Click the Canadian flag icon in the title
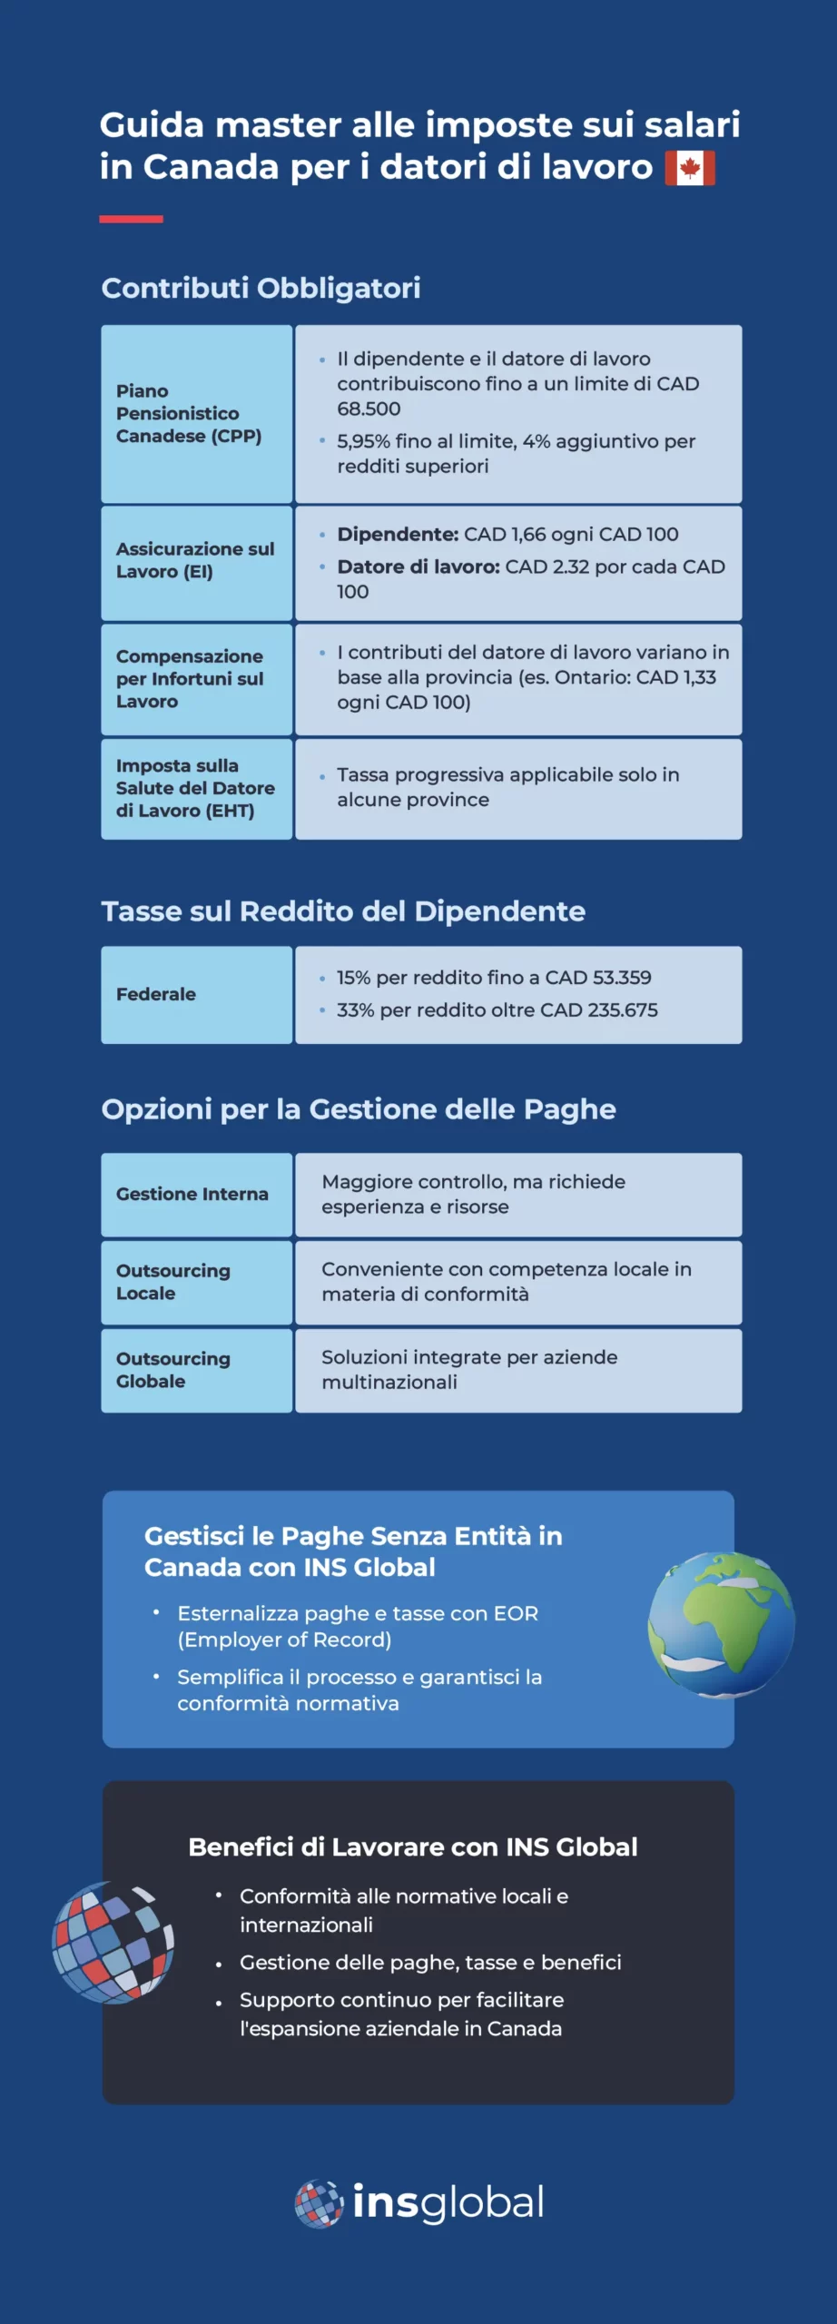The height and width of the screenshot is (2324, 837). (690, 168)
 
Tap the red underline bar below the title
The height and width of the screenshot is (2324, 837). (131, 219)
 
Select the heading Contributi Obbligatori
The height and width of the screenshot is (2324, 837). (261, 288)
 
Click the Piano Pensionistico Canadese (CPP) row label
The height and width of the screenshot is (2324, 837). (188, 413)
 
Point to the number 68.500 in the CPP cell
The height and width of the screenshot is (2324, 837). (369, 409)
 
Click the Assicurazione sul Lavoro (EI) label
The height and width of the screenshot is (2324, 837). (194, 560)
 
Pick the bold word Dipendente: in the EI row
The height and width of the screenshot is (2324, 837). (398, 535)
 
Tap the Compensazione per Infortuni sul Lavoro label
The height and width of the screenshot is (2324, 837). (189, 678)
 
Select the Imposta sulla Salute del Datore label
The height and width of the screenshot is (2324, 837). (194, 788)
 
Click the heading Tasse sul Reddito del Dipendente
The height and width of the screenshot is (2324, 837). (343, 911)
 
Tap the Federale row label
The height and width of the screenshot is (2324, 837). (156, 994)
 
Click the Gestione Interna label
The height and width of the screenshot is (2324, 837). (192, 1194)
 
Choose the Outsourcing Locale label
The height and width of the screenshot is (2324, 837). (172, 1282)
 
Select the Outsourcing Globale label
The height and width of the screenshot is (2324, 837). (172, 1370)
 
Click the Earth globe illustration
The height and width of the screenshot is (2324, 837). (721, 1625)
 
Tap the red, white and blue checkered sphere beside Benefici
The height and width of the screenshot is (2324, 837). (113, 1942)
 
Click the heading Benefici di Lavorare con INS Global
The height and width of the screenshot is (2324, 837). (413, 1847)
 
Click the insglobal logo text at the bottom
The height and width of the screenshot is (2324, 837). (448, 2203)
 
